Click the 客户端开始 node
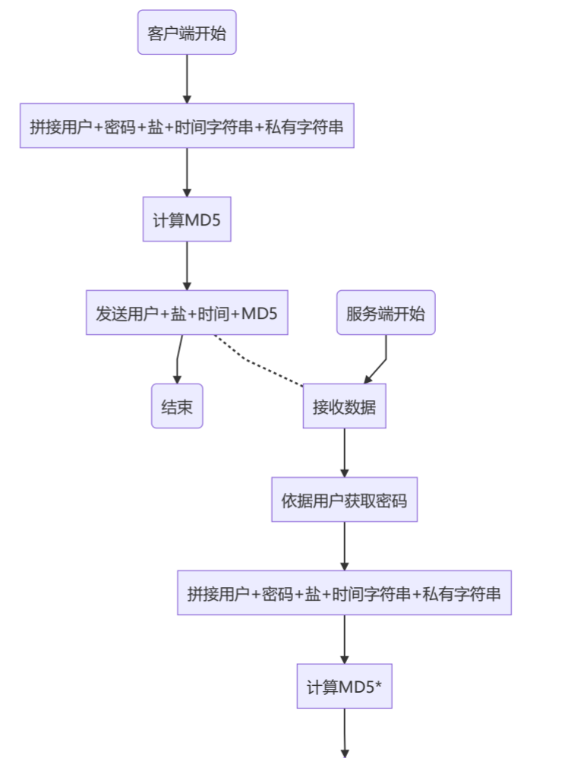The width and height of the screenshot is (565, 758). click(187, 33)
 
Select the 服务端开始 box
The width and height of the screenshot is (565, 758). click(386, 312)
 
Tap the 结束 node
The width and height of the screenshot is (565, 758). click(177, 406)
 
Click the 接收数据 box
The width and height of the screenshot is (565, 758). click(344, 406)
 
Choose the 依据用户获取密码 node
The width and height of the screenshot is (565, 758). click(344, 500)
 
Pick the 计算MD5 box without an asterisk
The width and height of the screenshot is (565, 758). click(187, 220)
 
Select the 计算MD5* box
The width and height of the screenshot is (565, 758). click(344, 687)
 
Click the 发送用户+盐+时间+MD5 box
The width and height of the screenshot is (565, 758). click(187, 312)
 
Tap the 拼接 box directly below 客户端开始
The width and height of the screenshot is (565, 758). click(187, 126)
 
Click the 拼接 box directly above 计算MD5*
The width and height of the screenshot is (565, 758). click(344, 593)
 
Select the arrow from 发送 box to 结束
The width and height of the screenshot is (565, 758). click(178, 359)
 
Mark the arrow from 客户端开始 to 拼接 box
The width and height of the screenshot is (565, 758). click(187, 79)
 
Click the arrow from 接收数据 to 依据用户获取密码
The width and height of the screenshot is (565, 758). click(344, 453)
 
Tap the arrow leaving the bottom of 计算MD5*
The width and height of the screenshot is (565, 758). click(345, 733)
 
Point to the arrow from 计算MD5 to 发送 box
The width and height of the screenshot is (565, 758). click(187, 266)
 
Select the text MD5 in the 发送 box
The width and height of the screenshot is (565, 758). click(260, 313)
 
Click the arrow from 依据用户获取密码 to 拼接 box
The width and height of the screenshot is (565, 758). click(344, 546)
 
